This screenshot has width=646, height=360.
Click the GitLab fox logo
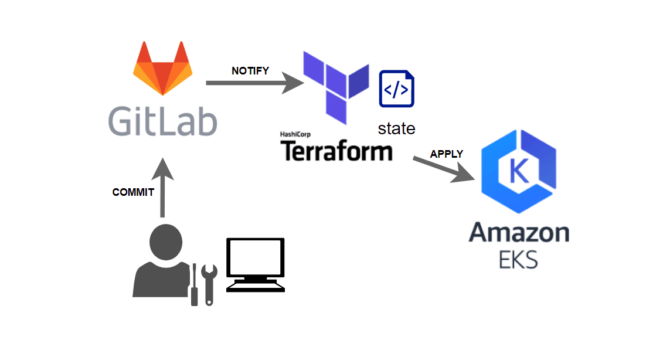(162, 69)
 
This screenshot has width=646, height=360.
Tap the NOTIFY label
(250, 71)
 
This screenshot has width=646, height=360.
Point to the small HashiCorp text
(295, 135)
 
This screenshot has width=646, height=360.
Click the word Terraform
(336, 151)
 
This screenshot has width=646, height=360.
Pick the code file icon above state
(397, 89)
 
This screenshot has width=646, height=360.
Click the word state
(396, 128)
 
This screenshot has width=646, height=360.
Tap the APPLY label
(447, 154)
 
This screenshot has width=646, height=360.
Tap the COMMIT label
(133, 192)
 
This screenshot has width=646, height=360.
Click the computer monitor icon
(256, 264)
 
